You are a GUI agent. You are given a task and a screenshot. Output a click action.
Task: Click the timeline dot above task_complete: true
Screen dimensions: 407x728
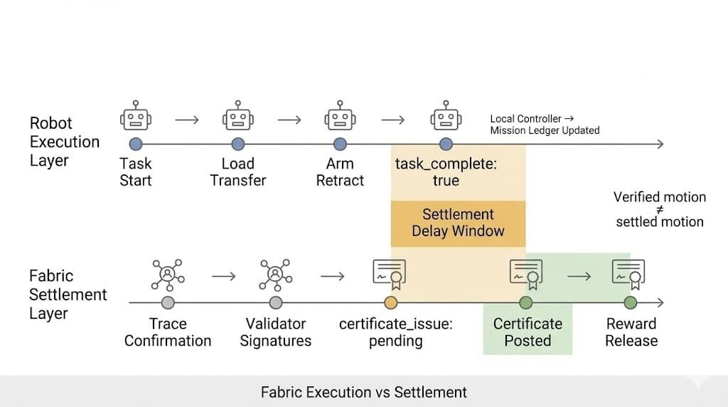click(x=446, y=144)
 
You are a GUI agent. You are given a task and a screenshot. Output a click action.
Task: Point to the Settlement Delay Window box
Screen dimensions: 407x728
click(x=458, y=223)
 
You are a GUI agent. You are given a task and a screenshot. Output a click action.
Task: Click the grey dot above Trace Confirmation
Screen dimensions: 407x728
click(x=168, y=303)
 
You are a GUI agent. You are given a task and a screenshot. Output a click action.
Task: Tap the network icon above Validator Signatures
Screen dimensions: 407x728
click(x=275, y=275)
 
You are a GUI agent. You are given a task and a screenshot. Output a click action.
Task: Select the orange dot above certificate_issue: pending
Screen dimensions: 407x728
click(x=390, y=303)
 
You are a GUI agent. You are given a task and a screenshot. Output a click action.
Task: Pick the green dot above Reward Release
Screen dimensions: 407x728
click(x=631, y=303)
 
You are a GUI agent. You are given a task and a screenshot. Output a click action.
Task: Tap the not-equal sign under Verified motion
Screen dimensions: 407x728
click(x=660, y=210)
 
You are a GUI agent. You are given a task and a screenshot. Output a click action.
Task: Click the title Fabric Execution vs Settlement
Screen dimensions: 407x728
click(x=363, y=392)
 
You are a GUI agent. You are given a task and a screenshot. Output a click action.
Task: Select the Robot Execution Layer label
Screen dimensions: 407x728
click(x=64, y=142)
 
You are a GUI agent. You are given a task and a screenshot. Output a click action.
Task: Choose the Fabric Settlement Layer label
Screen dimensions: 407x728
click(x=68, y=295)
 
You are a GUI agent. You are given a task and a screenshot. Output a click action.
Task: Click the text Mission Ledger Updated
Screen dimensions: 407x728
click(x=545, y=131)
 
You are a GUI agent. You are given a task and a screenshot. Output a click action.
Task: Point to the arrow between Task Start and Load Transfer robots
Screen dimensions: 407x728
click(x=187, y=120)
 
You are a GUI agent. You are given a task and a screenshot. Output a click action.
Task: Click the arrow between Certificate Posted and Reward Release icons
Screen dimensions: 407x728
click(x=579, y=275)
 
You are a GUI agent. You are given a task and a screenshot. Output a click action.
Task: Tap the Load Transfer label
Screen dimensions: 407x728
click(x=237, y=171)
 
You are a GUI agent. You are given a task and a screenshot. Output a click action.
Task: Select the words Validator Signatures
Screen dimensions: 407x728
click(x=275, y=332)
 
